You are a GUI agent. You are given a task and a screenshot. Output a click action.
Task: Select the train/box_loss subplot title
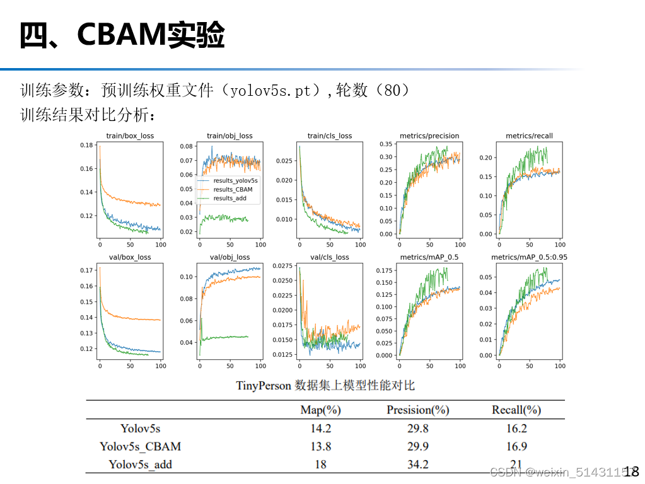click(130, 135)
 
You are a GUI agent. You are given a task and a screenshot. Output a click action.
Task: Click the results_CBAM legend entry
click(233, 189)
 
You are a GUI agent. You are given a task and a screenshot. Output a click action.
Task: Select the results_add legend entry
click(230, 199)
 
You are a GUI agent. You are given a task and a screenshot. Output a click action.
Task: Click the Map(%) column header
click(320, 410)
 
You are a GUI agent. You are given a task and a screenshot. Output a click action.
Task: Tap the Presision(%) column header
click(417, 410)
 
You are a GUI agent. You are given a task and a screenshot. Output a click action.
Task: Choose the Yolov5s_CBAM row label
click(140, 446)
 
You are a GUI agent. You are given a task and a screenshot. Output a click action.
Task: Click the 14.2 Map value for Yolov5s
click(320, 429)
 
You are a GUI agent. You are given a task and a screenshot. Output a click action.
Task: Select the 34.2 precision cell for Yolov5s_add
click(417, 464)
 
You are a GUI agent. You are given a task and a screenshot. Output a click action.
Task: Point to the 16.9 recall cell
click(516, 446)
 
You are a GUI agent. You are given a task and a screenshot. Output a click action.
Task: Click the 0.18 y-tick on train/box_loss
click(86, 145)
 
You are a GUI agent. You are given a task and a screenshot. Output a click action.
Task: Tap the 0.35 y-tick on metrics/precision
click(386, 144)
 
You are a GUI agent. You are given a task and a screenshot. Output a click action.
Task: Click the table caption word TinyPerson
click(263, 385)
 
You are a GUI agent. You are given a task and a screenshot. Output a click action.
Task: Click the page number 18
click(631, 471)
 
